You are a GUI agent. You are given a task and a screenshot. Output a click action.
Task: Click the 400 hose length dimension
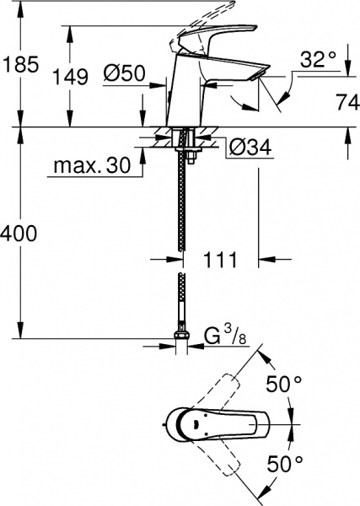[20, 234]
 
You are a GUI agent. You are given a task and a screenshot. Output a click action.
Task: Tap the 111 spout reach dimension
[222, 258]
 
